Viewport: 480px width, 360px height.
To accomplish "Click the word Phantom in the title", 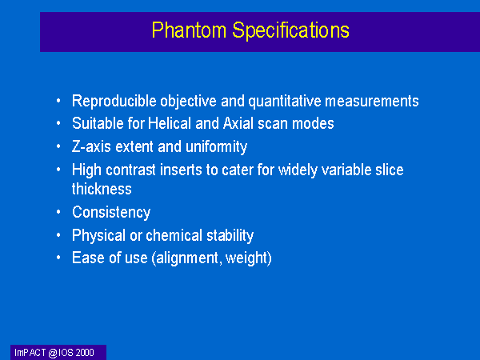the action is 189,30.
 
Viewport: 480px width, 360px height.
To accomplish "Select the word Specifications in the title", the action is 290,30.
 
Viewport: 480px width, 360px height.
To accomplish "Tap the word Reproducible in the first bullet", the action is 114,101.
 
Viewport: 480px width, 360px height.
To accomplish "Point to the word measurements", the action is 372,102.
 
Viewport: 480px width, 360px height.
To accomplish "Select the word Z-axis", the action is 91,146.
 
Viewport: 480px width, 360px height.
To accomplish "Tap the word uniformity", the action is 216,147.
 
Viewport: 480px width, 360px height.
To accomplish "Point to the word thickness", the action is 102,189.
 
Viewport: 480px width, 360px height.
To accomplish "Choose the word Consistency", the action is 111,213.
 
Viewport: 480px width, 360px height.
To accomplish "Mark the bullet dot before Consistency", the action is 58,212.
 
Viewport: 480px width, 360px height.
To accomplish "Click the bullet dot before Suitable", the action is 58,123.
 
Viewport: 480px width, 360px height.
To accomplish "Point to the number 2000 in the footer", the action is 85,353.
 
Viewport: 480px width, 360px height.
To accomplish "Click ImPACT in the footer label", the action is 30,353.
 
